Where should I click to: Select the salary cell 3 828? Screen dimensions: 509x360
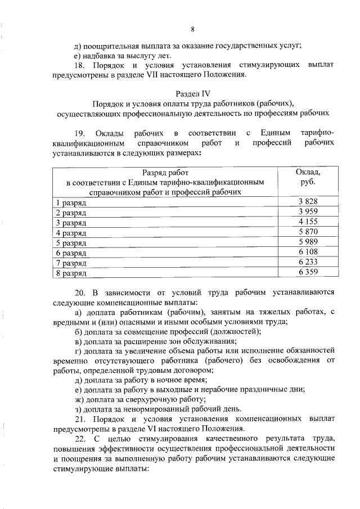[308, 201]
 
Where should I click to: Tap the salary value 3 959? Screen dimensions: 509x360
[308, 211]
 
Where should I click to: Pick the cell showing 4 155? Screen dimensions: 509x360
[308, 222]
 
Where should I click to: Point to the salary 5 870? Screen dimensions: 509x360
[308, 232]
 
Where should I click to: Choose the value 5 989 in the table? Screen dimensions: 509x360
[308, 242]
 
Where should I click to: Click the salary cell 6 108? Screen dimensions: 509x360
[308, 253]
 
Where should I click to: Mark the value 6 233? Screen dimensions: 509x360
[308, 263]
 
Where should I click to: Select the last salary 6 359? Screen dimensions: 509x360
[308, 273]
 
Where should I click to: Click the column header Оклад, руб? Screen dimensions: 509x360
[308, 177]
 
